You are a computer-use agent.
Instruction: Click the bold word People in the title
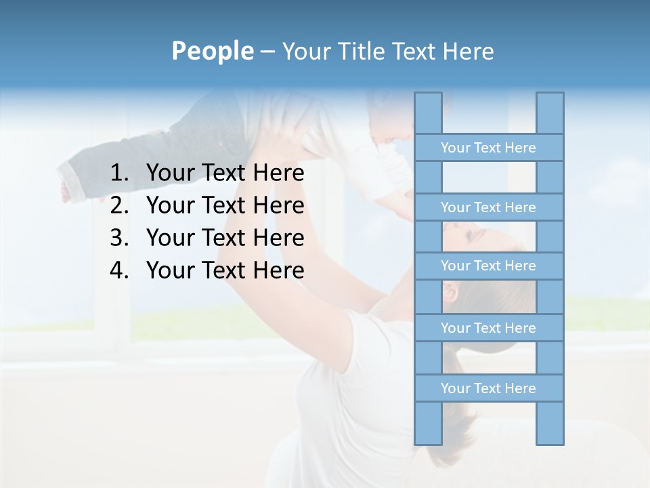coord(211,51)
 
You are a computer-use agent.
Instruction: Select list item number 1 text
coord(225,174)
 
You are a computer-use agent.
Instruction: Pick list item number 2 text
coord(225,205)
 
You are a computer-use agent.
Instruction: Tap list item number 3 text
coord(225,238)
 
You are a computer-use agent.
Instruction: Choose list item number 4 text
coord(225,270)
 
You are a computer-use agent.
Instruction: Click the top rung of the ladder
coord(488,148)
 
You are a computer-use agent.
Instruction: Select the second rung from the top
coord(488,207)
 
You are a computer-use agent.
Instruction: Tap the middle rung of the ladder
coord(488,266)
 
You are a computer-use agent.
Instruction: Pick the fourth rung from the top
coord(488,328)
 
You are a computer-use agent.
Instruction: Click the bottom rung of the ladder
coord(488,388)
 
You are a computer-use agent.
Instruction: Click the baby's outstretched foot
coord(66,190)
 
